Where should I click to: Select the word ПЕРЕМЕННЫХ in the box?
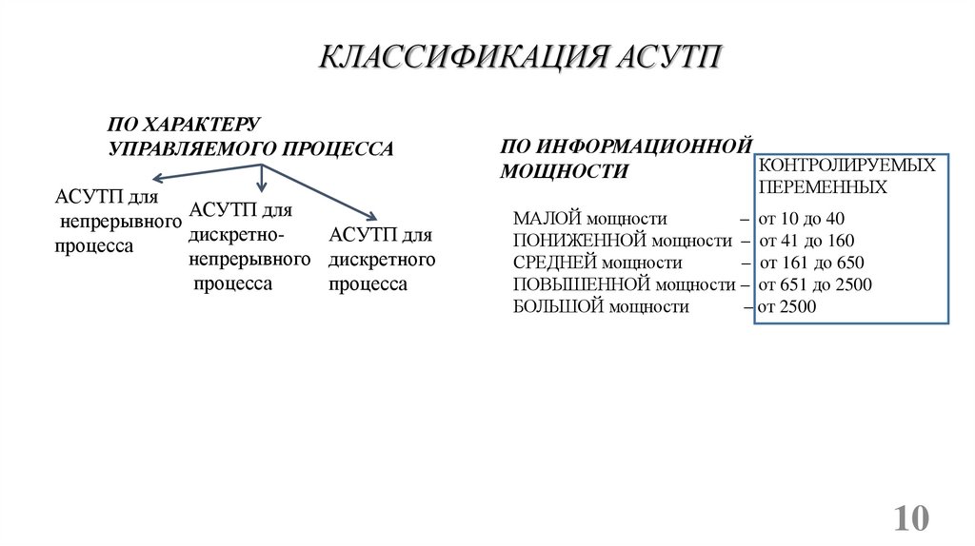(823, 187)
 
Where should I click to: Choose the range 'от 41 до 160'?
(806, 241)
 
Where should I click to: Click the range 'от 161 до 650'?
(811, 263)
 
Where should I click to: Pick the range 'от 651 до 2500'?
(815, 284)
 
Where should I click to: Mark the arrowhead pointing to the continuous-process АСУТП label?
(155, 178)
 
